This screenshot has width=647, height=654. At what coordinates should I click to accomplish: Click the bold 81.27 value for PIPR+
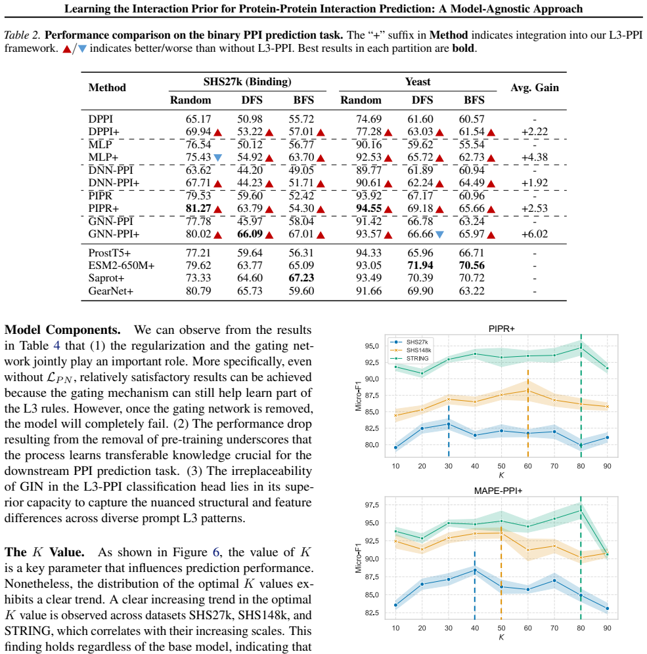pyautogui.click(x=198, y=208)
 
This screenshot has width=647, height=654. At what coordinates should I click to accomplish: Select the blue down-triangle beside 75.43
pyautogui.click(x=217, y=157)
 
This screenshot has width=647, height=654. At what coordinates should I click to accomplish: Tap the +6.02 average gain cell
pyautogui.click(x=534, y=234)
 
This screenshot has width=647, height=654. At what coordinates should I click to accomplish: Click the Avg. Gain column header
pyautogui.click(x=535, y=87)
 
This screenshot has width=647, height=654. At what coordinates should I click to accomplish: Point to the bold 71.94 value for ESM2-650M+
pyautogui.click(x=420, y=265)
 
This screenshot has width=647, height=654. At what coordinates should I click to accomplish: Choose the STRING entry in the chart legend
pyautogui.click(x=417, y=358)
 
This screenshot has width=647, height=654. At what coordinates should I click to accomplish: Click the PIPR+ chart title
pyautogui.click(x=501, y=329)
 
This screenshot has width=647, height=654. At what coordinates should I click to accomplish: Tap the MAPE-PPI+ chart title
pyautogui.click(x=498, y=491)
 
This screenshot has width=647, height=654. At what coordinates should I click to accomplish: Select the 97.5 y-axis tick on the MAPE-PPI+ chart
pyautogui.click(x=372, y=504)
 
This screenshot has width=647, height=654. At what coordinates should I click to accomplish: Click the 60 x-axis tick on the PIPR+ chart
pyautogui.click(x=528, y=466)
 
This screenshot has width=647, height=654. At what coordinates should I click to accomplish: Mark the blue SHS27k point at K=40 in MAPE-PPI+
pyautogui.click(x=475, y=570)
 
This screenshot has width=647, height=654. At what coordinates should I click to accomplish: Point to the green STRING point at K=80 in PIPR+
pyautogui.click(x=581, y=348)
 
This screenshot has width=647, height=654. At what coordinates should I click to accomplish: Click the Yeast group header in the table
pyautogui.click(x=418, y=81)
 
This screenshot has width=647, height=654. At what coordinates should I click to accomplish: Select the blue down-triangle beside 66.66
pyautogui.click(x=439, y=234)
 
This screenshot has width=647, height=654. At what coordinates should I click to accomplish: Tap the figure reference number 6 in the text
pyautogui.click(x=216, y=552)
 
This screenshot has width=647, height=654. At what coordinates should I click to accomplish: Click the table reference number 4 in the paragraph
pyautogui.click(x=56, y=346)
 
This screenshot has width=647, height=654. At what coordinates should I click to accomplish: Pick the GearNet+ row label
pyautogui.click(x=111, y=291)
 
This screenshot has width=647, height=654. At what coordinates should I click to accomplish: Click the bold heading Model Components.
pyautogui.click(x=62, y=330)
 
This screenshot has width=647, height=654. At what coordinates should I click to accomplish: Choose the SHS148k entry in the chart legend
pyautogui.click(x=418, y=350)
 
